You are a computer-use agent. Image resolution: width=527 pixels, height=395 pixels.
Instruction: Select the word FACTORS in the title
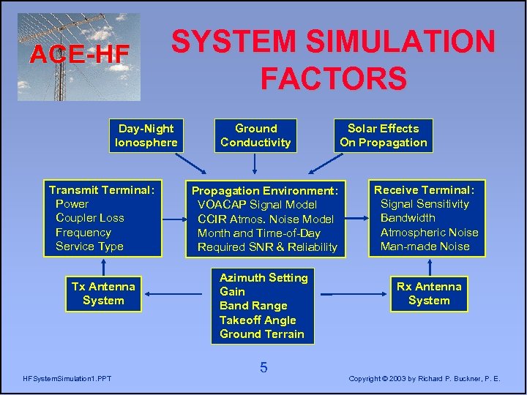click(x=333, y=78)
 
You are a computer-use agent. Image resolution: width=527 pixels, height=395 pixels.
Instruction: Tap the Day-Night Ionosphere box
click(x=146, y=135)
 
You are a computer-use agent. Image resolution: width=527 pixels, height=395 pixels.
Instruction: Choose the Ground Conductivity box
click(x=255, y=135)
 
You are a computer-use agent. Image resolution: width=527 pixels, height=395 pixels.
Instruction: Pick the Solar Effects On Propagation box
click(x=383, y=135)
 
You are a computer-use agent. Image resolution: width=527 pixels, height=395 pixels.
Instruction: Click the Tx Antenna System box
click(x=103, y=293)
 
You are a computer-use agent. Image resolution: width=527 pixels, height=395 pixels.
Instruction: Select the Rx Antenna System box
click(x=429, y=293)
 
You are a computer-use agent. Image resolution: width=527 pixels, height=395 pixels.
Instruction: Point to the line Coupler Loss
click(x=90, y=218)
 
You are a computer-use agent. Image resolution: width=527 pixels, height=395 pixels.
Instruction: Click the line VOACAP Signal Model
click(x=257, y=205)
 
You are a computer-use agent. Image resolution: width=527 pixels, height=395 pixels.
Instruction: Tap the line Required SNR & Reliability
click(x=267, y=247)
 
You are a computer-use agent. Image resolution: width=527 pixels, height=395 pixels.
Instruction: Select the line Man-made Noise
click(x=425, y=247)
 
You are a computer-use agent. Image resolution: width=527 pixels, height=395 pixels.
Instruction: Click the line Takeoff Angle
click(x=258, y=320)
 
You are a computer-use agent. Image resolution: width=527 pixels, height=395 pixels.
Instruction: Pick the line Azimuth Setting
click(x=263, y=277)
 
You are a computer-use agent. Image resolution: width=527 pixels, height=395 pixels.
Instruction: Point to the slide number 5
click(x=263, y=368)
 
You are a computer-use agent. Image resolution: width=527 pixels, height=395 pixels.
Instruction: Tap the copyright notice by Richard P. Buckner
click(x=425, y=378)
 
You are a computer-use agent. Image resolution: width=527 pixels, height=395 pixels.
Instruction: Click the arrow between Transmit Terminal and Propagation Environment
click(x=173, y=218)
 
